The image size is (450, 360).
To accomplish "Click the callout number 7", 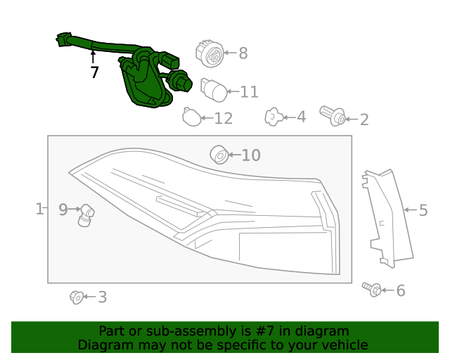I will coord(94,72).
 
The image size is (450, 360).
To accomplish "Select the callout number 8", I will coord(243,53).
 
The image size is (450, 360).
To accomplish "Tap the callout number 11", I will coord(249,91).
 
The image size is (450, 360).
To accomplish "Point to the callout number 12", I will coord(223,118).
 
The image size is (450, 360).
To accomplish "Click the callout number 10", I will coord(251,155).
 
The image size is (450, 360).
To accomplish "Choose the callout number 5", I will coord(423,210).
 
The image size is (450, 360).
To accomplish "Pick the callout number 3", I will coord(102,297).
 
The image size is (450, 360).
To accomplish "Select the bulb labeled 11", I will coord(213,89).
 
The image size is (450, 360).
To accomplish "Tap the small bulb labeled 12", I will coord(191,117).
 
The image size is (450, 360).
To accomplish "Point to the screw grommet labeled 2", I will coord(333,116).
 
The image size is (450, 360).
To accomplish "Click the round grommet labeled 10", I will coord(219,153).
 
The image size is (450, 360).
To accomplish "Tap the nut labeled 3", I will coord(77,297).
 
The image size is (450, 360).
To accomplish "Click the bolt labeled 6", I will coord(372,288).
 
